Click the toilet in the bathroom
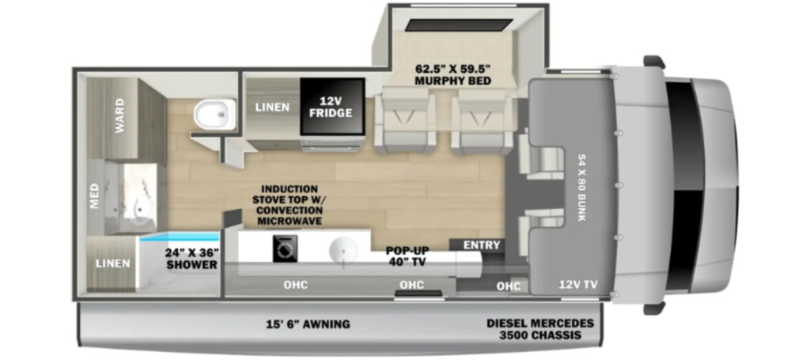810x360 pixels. (x=215, y=115)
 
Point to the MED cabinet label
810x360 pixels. (x=95, y=197)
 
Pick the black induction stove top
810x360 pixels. (x=285, y=248)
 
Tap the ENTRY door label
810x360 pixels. (x=482, y=244)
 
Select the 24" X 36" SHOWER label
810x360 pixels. (x=191, y=259)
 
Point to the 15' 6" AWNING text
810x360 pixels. (x=307, y=324)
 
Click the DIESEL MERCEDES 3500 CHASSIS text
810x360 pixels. (x=539, y=329)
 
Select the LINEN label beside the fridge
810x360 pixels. (x=272, y=107)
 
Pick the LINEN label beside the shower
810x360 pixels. (x=112, y=263)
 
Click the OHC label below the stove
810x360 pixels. (x=296, y=285)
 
